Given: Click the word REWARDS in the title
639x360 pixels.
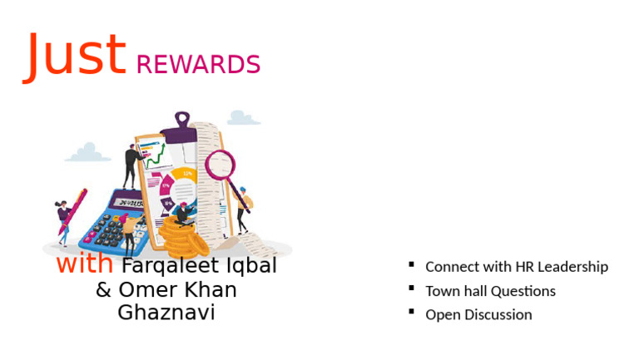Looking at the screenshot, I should coord(198,65).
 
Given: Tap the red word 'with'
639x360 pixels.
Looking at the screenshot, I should coord(85,264).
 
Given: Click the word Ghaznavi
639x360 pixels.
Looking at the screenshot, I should coord(166,313).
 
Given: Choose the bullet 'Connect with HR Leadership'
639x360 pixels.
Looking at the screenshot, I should coord(516,267).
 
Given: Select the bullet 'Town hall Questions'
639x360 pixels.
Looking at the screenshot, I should coord(490,291).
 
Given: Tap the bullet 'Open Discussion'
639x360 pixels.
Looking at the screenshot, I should coord(478,314).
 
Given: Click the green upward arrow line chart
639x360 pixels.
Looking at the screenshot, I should coord(155,154).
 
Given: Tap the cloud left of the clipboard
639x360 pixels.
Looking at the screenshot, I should coord(87,153).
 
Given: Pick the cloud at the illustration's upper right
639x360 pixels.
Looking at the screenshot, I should coord(240,117).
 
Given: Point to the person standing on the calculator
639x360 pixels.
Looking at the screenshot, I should coord(131,165).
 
